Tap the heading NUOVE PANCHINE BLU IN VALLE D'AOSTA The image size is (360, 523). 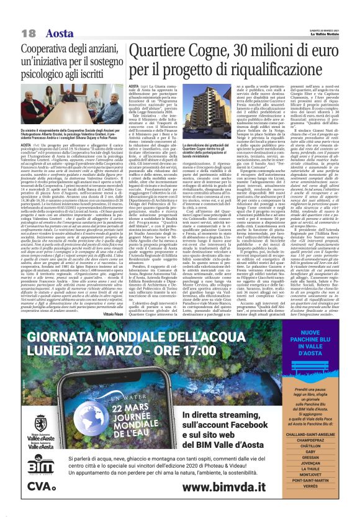pyautogui.click(x=326, y=332)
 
